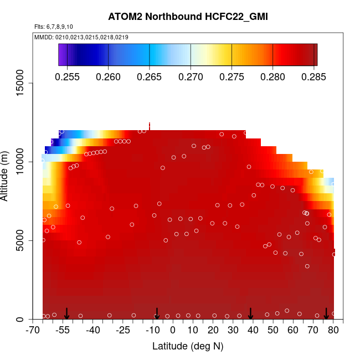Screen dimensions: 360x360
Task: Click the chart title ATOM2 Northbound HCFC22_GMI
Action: (x=188, y=17)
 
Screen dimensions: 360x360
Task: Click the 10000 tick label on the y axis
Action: (x=23, y=162)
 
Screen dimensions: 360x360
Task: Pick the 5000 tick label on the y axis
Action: (x=23, y=241)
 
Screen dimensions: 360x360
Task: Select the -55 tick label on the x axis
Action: (x=65, y=331)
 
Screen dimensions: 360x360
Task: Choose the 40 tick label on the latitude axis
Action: (x=253, y=331)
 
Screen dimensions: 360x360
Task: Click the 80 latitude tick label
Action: (x=333, y=331)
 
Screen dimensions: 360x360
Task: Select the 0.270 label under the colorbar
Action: (x=191, y=76)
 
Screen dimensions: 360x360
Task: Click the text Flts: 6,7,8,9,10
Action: (x=54, y=27)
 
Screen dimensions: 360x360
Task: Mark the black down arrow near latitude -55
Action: (x=66, y=313)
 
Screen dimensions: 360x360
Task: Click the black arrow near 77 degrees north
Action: (x=327, y=313)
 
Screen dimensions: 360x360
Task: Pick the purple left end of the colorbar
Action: (x=61, y=55)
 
